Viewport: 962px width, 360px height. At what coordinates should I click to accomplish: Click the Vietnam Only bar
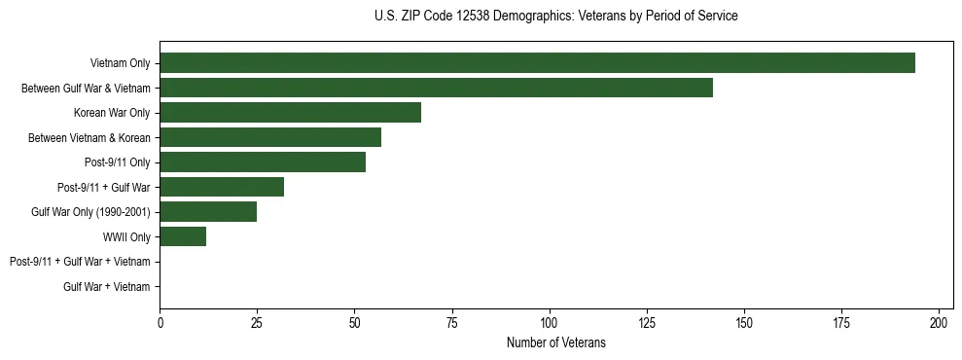pyautogui.click(x=537, y=63)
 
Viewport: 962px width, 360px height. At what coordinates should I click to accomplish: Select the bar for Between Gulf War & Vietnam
pyautogui.click(x=436, y=88)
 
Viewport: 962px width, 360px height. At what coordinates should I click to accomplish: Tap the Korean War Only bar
pyautogui.click(x=290, y=113)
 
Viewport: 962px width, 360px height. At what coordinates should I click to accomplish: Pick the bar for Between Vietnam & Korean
pyautogui.click(x=270, y=137)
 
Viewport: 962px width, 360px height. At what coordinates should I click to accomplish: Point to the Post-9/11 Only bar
pyautogui.click(x=263, y=162)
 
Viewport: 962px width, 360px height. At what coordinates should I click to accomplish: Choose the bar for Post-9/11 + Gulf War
pyautogui.click(x=222, y=187)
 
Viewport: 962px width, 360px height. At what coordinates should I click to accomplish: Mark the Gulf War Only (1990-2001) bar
pyautogui.click(x=208, y=212)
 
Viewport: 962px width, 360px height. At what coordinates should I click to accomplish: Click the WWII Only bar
pyautogui.click(x=183, y=236)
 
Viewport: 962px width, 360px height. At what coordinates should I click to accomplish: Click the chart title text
pyautogui.click(x=555, y=17)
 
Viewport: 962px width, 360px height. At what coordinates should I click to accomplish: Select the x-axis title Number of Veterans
pyautogui.click(x=555, y=342)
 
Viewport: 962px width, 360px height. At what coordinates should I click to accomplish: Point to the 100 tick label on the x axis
pyautogui.click(x=550, y=322)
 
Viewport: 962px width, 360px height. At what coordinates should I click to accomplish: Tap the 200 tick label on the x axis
pyautogui.click(x=939, y=322)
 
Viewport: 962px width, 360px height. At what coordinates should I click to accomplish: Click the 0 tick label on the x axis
pyautogui.click(x=160, y=322)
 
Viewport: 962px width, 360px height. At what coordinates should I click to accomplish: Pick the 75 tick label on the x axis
pyautogui.click(x=452, y=322)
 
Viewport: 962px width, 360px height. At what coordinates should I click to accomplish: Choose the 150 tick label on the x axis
pyautogui.click(x=744, y=322)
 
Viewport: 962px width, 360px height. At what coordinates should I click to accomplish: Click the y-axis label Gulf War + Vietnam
pyautogui.click(x=106, y=286)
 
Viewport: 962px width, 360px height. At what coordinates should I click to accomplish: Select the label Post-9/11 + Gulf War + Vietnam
pyautogui.click(x=80, y=262)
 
